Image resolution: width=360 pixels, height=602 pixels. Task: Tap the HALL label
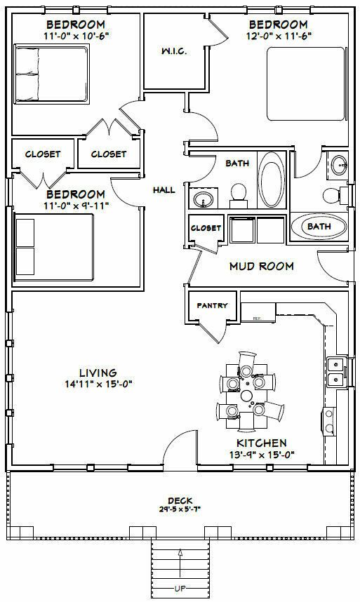[164, 189]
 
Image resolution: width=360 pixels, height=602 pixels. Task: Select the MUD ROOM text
[261, 266]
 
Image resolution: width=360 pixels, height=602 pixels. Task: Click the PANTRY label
[211, 305]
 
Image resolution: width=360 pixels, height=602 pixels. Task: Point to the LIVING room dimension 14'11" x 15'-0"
[97, 384]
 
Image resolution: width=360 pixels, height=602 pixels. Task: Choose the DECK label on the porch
[180, 500]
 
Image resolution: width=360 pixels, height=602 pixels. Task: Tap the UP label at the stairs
[180, 587]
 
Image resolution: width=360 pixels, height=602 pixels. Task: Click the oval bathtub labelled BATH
[319, 227]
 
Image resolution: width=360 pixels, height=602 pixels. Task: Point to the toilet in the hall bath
[239, 192]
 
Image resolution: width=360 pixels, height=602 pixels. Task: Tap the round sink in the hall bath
[204, 200]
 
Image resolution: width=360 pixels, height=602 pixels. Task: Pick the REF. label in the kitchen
[257, 318]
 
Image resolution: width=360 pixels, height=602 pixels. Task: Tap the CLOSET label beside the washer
[206, 228]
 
